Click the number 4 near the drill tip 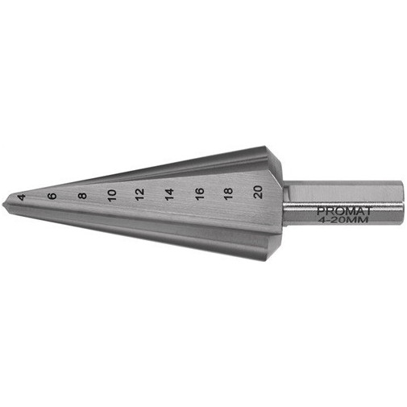click(x=22, y=197)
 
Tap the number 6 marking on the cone click(x=52, y=196)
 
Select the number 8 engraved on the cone click(x=82, y=195)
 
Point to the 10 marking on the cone click(x=112, y=195)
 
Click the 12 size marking click(x=140, y=194)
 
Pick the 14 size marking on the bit click(x=169, y=194)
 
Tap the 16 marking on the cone click(x=200, y=193)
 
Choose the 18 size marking click(x=228, y=193)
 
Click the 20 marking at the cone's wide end click(x=258, y=193)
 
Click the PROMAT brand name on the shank click(x=344, y=211)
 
